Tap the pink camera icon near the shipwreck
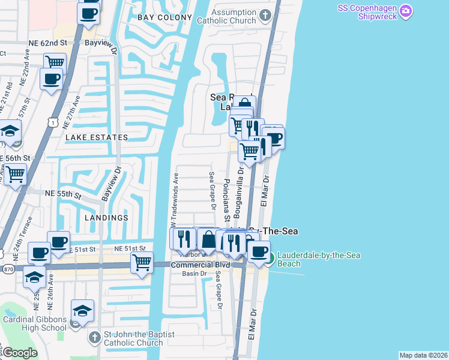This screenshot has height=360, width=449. [406, 10]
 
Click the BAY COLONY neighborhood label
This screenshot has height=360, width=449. [164, 18]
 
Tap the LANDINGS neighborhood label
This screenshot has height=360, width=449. [106, 217]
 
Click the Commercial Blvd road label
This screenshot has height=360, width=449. [200, 265]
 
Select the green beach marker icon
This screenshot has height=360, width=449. [270, 259]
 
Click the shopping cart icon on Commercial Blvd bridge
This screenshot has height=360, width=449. [142, 262]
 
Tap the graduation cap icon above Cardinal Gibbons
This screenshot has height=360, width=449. [83, 310]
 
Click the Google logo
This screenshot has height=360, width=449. [20, 353]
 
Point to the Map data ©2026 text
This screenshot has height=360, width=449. [423, 355]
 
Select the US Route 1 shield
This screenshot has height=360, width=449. [54, 122]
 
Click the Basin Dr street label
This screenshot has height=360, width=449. [194, 274]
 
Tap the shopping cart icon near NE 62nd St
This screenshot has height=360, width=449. [55, 62]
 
